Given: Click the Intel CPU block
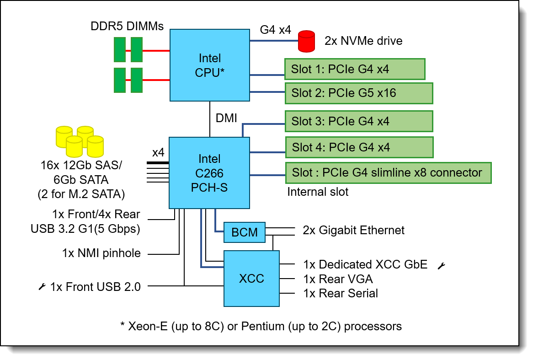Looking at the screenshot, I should (x=210, y=65).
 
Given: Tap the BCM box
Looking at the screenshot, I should (x=245, y=233).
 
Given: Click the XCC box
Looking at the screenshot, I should (x=251, y=278).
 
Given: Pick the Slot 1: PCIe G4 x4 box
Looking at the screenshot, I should (x=355, y=69).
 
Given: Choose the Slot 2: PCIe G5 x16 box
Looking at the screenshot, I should (x=358, y=93).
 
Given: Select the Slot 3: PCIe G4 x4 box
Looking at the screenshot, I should (x=358, y=121).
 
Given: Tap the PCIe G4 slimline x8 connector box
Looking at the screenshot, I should (x=388, y=173).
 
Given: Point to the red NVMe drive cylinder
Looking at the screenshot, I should (x=306, y=41).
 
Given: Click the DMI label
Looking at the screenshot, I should (x=226, y=118).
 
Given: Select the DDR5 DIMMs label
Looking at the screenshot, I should (x=127, y=27).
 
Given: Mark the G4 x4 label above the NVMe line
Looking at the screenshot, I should (x=275, y=30).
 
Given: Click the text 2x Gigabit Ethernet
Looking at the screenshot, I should (x=354, y=230).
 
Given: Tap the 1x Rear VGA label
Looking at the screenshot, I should (x=338, y=279).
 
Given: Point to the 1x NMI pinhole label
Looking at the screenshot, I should (x=101, y=253).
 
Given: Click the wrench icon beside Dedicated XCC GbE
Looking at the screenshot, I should (x=441, y=265).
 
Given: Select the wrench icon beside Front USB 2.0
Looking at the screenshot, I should (x=42, y=287).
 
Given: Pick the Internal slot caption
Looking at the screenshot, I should (x=318, y=192).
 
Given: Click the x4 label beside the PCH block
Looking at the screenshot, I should (x=158, y=152).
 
